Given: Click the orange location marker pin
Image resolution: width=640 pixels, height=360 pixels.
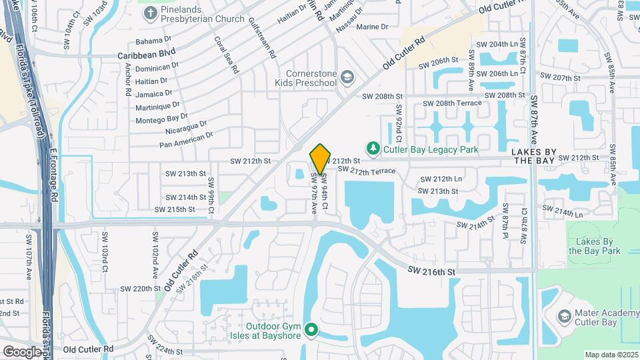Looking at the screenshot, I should tap(320, 159).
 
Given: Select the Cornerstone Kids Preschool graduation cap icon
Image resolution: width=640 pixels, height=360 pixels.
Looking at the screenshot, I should tap(347, 78).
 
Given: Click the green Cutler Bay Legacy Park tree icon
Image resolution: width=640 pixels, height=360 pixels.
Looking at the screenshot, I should tap(374, 149).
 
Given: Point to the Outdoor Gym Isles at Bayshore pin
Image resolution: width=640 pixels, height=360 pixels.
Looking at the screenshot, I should tap(311, 330).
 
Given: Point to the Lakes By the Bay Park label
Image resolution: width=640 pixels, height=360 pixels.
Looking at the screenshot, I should tap(594, 246).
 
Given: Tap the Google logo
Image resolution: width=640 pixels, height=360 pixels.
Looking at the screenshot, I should tap(21, 351).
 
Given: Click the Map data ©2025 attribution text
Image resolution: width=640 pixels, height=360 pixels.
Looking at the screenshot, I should tap(611, 354).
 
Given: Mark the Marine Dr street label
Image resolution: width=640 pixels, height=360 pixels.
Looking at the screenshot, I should tap(372, 27).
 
